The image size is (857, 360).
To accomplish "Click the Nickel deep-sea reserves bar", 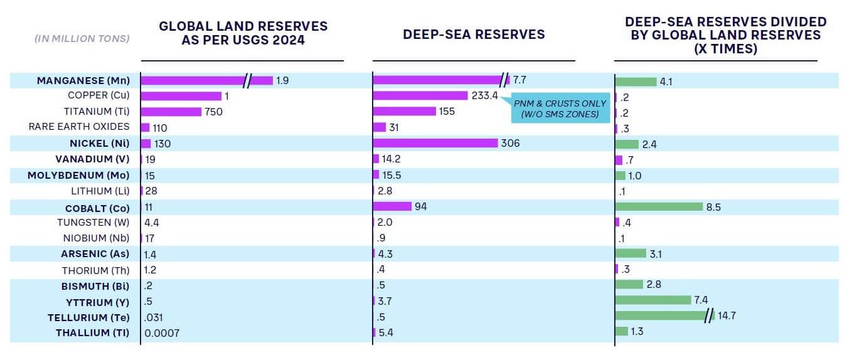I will [x=435, y=144].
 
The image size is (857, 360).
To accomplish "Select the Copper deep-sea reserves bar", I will [x=420, y=95].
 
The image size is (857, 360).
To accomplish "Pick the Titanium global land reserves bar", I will [x=171, y=112].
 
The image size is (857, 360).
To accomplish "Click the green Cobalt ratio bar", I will [x=659, y=206].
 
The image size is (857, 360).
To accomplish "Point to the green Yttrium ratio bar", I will [x=653, y=300].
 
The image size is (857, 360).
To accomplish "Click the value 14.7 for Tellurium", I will [x=727, y=315].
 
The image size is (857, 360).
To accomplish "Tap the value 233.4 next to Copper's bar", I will [x=484, y=96].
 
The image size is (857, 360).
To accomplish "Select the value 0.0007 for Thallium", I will [x=162, y=333].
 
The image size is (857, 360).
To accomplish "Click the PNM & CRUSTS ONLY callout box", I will [x=560, y=109].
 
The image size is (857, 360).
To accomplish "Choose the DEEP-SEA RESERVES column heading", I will [x=474, y=34].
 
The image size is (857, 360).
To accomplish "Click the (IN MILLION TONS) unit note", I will [x=82, y=38].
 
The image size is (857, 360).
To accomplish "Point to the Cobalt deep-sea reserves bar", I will [x=392, y=206].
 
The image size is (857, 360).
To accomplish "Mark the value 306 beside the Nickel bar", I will [x=510, y=144].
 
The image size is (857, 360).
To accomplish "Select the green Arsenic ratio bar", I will [x=631, y=253].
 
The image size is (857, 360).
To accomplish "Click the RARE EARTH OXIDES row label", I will [x=79, y=127].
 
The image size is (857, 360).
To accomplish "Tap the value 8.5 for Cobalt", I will [x=713, y=206].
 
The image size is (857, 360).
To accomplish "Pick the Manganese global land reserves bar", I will [x=207, y=80].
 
